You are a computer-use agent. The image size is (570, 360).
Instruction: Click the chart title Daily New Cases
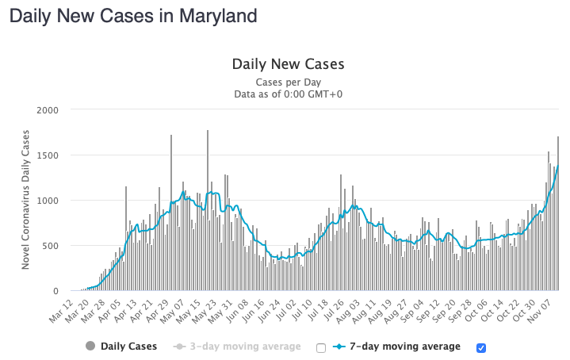coord(288,64)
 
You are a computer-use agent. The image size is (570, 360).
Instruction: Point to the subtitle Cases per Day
coord(288,82)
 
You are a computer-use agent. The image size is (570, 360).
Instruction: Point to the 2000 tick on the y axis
coord(48,110)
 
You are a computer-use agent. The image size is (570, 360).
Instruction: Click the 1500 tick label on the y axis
coord(48,155)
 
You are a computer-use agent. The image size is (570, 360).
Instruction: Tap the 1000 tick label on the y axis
coord(48,201)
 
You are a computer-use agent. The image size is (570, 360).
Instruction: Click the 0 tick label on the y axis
coord(56,291)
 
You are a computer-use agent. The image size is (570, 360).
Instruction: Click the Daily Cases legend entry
coord(128,347)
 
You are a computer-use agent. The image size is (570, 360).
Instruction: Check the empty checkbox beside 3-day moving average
coord(321,347)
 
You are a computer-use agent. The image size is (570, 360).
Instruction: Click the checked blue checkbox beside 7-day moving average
coord(481,347)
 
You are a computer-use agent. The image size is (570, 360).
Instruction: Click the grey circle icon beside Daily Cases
coord(90,347)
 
